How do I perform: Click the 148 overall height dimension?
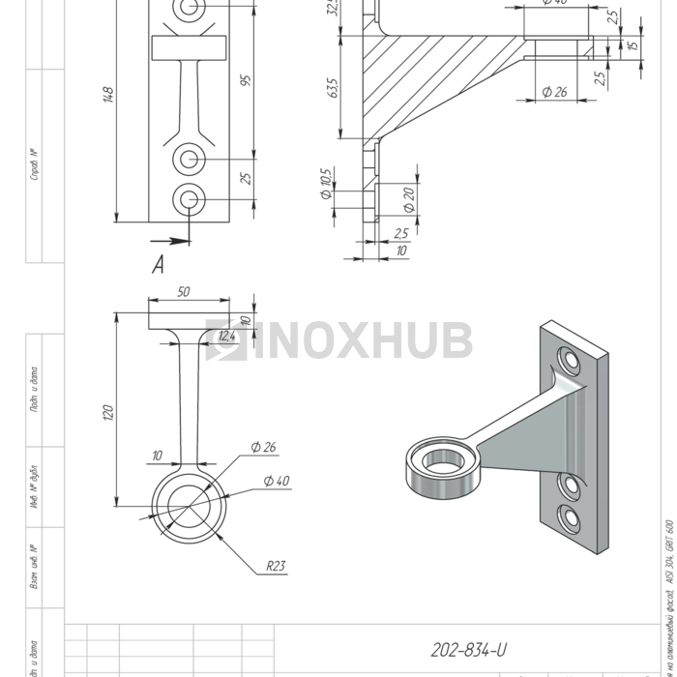click(x=108, y=95)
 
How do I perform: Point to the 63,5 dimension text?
click(x=334, y=89)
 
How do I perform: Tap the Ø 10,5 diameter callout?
click(x=326, y=183)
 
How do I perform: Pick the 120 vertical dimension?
click(x=108, y=412)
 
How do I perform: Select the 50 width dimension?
click(x=184, y=291)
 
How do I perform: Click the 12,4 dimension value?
click(x=227, y=336)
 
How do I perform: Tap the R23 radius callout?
click(x=277, y=567)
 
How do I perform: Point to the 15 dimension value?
click(x=633, y=45)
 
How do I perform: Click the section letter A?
click(x=158, y=266)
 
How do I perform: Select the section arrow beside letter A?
click(x=170, y=240)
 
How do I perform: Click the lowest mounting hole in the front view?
click(x=189, y=199)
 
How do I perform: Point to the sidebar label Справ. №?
click(x=35, y=164)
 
